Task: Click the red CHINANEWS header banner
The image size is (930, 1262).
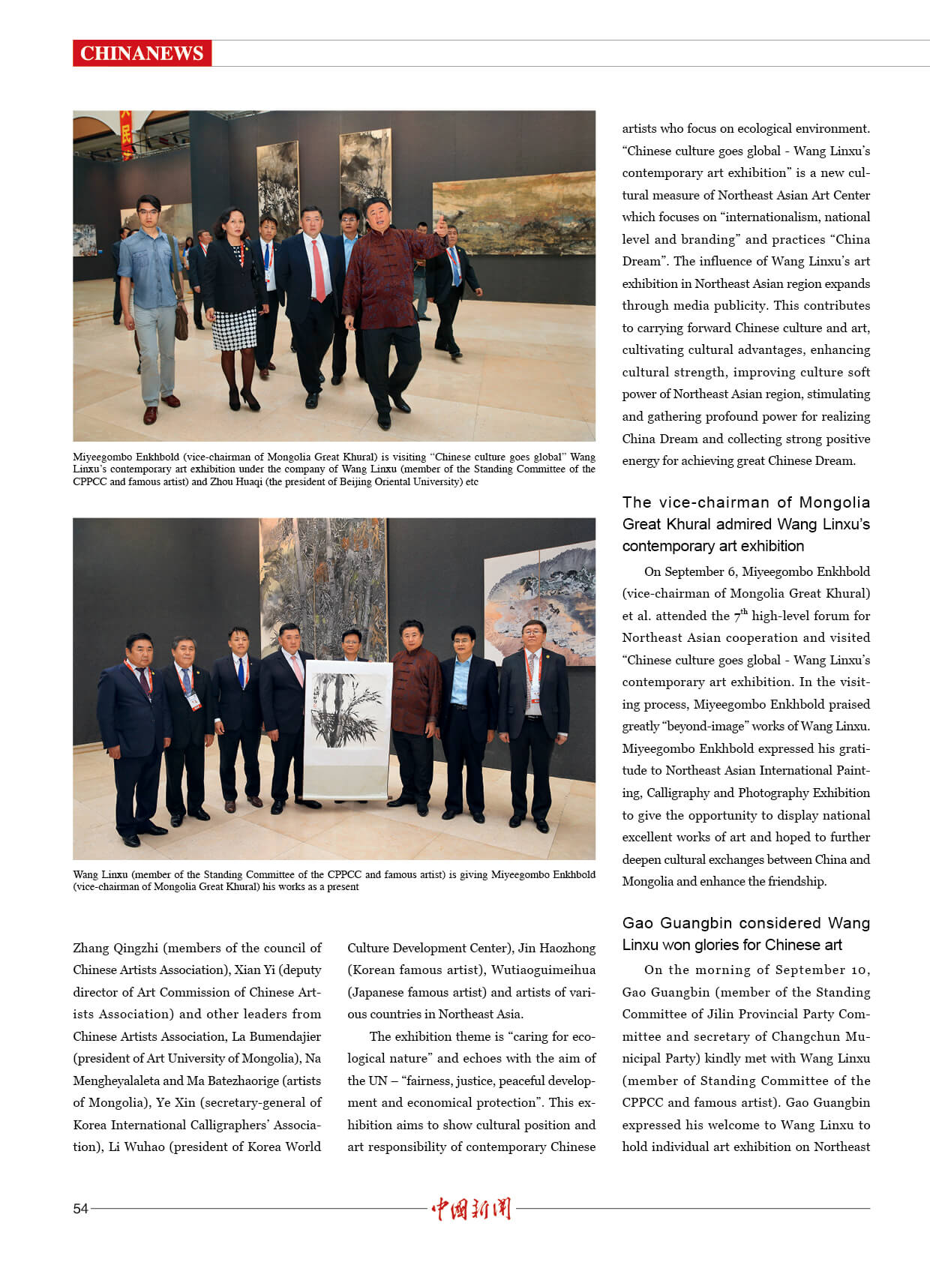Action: (x=142, y=53)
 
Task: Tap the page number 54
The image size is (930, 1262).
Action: (x=80, y=1208)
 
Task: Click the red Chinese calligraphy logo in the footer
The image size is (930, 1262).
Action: (x=471, y=1208)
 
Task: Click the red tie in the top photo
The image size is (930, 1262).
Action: (x=319, y=270)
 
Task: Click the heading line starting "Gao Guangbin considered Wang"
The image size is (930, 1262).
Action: (x=745, y=922)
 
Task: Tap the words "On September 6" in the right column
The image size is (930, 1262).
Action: (x=689, y=571)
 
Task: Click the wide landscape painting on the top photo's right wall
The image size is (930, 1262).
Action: (x=514, y=214)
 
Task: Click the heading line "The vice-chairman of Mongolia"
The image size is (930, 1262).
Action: (x=745, y=502)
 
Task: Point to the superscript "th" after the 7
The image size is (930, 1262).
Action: (x=744, y=611)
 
